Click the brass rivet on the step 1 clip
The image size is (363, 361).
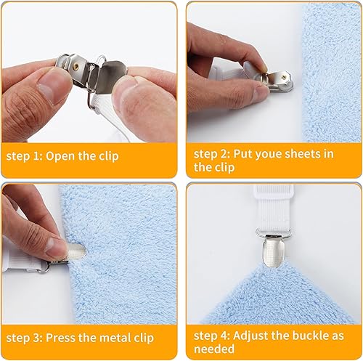click(x=76, y=65)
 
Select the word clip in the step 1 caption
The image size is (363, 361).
click(x=109, y=156)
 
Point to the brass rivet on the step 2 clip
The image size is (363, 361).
click(x=283, y=77)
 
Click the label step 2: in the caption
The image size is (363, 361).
click(x=212, y=154)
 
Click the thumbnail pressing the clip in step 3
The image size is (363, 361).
click(x=54, y=245)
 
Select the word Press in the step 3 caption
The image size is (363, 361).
click(x=60, y=338)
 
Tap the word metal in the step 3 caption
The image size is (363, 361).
click(x=113, y=338)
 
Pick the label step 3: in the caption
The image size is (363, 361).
click(x=24, y=338)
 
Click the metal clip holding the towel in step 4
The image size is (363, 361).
click(x=273, y=251)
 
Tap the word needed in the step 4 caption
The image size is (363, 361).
click(x=214, y=349)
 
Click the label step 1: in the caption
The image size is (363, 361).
click(x=24, y=156)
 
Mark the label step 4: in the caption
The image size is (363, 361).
click(x=212, y=336)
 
